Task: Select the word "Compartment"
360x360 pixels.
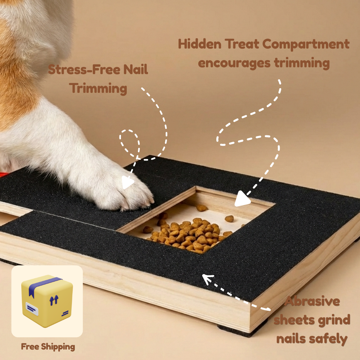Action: (306, 44)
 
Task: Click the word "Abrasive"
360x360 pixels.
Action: (312, 301)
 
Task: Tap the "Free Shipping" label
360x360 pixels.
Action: (48, 347)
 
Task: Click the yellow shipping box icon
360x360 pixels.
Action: (47, 301)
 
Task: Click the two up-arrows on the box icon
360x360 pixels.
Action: (54, 300)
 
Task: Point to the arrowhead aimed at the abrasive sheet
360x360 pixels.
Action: (208, 279)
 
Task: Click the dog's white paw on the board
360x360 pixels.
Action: (126, 191)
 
